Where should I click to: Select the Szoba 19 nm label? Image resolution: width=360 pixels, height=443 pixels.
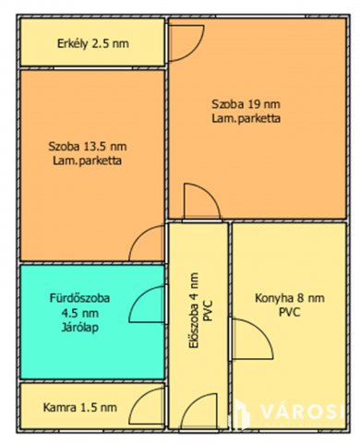tap(246, 104)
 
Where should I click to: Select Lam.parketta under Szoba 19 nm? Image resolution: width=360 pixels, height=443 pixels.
tap(246, 119)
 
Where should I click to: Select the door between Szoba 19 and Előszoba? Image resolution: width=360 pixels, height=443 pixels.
tap(201, 202)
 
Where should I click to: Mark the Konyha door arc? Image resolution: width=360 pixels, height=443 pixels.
tap(247, 338)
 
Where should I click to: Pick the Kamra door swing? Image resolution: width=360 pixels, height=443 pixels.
tap(150, 406)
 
